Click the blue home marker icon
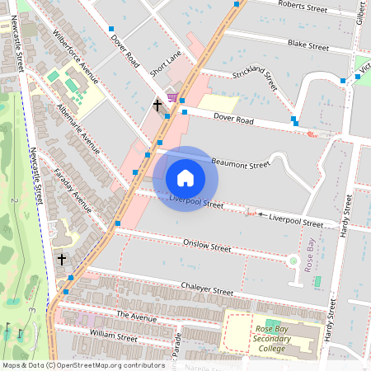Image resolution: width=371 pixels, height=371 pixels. click(x=185, y=178)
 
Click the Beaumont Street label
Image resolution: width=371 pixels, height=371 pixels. click(x=241, y=164)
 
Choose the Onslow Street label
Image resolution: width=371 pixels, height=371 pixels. click(x=207, y=246)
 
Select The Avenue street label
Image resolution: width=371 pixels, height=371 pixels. click(x=136, y=316)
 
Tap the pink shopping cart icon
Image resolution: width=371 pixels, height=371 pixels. click(x=171, y=97)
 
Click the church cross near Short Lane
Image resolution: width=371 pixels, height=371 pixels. click(x=157, y=106)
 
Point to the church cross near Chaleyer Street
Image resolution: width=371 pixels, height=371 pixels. click(x=61, y=260)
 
